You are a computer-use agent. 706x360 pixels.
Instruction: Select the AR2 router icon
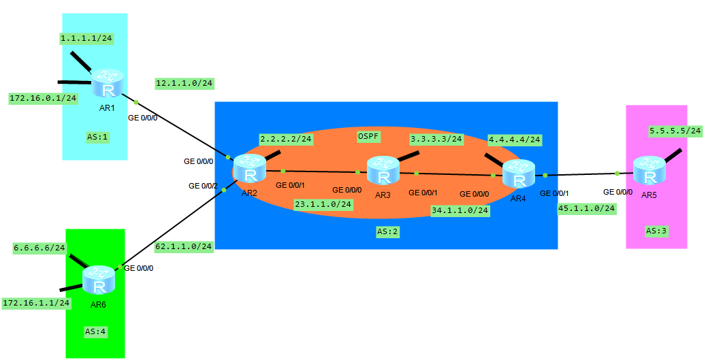(x=249, y=169)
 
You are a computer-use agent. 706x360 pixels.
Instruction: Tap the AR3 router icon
(x=383, y=171)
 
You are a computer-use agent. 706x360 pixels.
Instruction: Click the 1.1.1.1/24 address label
(x=86, y=39)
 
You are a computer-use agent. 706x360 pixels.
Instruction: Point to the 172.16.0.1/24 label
(x=43, y=98)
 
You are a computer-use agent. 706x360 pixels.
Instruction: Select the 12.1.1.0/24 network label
(x=184, y=84)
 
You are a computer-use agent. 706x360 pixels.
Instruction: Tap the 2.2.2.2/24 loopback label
(x=286, y=139)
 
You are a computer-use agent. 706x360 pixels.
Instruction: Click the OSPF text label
(x=368, y=136)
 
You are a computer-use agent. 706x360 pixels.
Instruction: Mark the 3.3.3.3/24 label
(x=436, y=139)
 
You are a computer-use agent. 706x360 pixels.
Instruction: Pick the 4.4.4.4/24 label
(x=515, y=140)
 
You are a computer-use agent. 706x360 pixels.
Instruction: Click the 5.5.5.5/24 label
(x=675, y=130)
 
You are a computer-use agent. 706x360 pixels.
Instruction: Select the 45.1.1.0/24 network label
(x=586, y=208)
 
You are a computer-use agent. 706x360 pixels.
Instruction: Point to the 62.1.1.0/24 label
(x=184, y=246)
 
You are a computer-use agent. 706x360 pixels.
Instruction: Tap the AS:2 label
(x=387, y=231)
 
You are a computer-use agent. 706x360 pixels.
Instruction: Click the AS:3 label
(x=656, y=231)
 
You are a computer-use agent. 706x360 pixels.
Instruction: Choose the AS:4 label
(x=95, y=331)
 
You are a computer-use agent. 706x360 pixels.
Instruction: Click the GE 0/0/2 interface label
(x=204, y=186)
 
